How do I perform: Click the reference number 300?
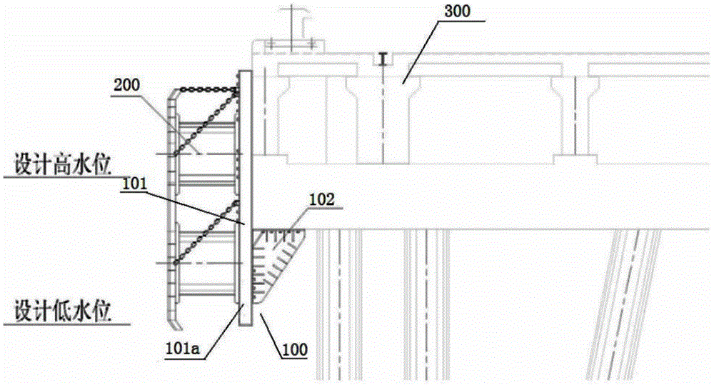point(457,11)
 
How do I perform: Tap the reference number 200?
point(126,85)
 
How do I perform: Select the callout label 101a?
point(182,349)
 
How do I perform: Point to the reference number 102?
point(322,199)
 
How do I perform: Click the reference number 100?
point(295,350)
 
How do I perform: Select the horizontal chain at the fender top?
point(207,89)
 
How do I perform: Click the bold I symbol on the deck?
point(384,59)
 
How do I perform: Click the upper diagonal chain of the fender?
point(206,123)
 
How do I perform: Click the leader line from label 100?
point(271,328)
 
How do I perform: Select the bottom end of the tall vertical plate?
point(246,325)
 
